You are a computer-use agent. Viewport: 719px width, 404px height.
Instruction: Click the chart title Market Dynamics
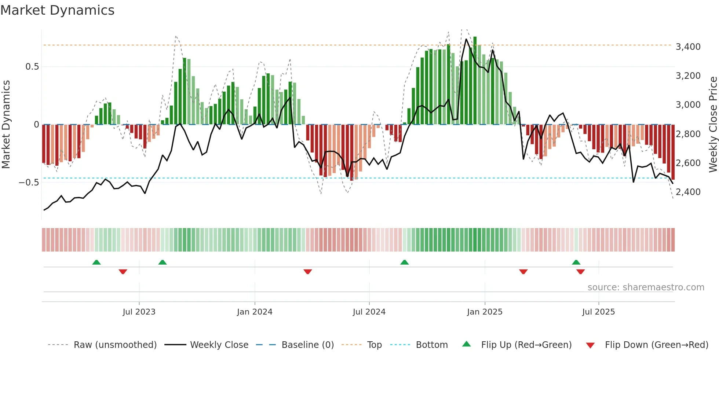point(57,10)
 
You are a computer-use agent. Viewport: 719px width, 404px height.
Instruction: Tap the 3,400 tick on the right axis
point(688,47)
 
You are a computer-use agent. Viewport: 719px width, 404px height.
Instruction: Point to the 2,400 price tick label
point(688,192)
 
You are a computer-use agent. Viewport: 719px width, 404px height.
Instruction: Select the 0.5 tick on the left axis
point(32,67)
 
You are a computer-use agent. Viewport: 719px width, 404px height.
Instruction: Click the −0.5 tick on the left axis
point(29,183)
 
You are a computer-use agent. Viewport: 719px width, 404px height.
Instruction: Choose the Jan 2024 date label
point(255,312)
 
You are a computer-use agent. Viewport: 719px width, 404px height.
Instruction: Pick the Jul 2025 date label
point(598,312)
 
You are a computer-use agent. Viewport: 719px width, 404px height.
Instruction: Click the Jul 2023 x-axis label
point(139,312)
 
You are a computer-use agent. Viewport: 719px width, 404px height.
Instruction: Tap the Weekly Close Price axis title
point(713,125)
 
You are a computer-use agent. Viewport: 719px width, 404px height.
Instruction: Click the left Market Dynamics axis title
point(6,125)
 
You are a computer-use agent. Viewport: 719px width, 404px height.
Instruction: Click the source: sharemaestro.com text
point(646,287)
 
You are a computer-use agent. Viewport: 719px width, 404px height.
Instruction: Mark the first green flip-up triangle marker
point(96,262)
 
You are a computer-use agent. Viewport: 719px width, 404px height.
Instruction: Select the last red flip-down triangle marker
point(580,272)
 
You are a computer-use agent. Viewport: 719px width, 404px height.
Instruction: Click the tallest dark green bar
point(475,81)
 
